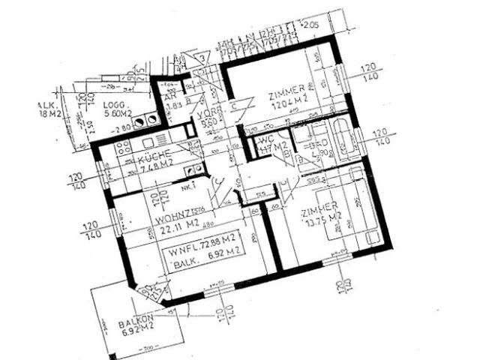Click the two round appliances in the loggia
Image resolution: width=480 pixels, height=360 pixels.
[x=144, y=118]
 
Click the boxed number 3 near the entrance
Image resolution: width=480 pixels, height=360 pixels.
[x=202, y=58]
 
